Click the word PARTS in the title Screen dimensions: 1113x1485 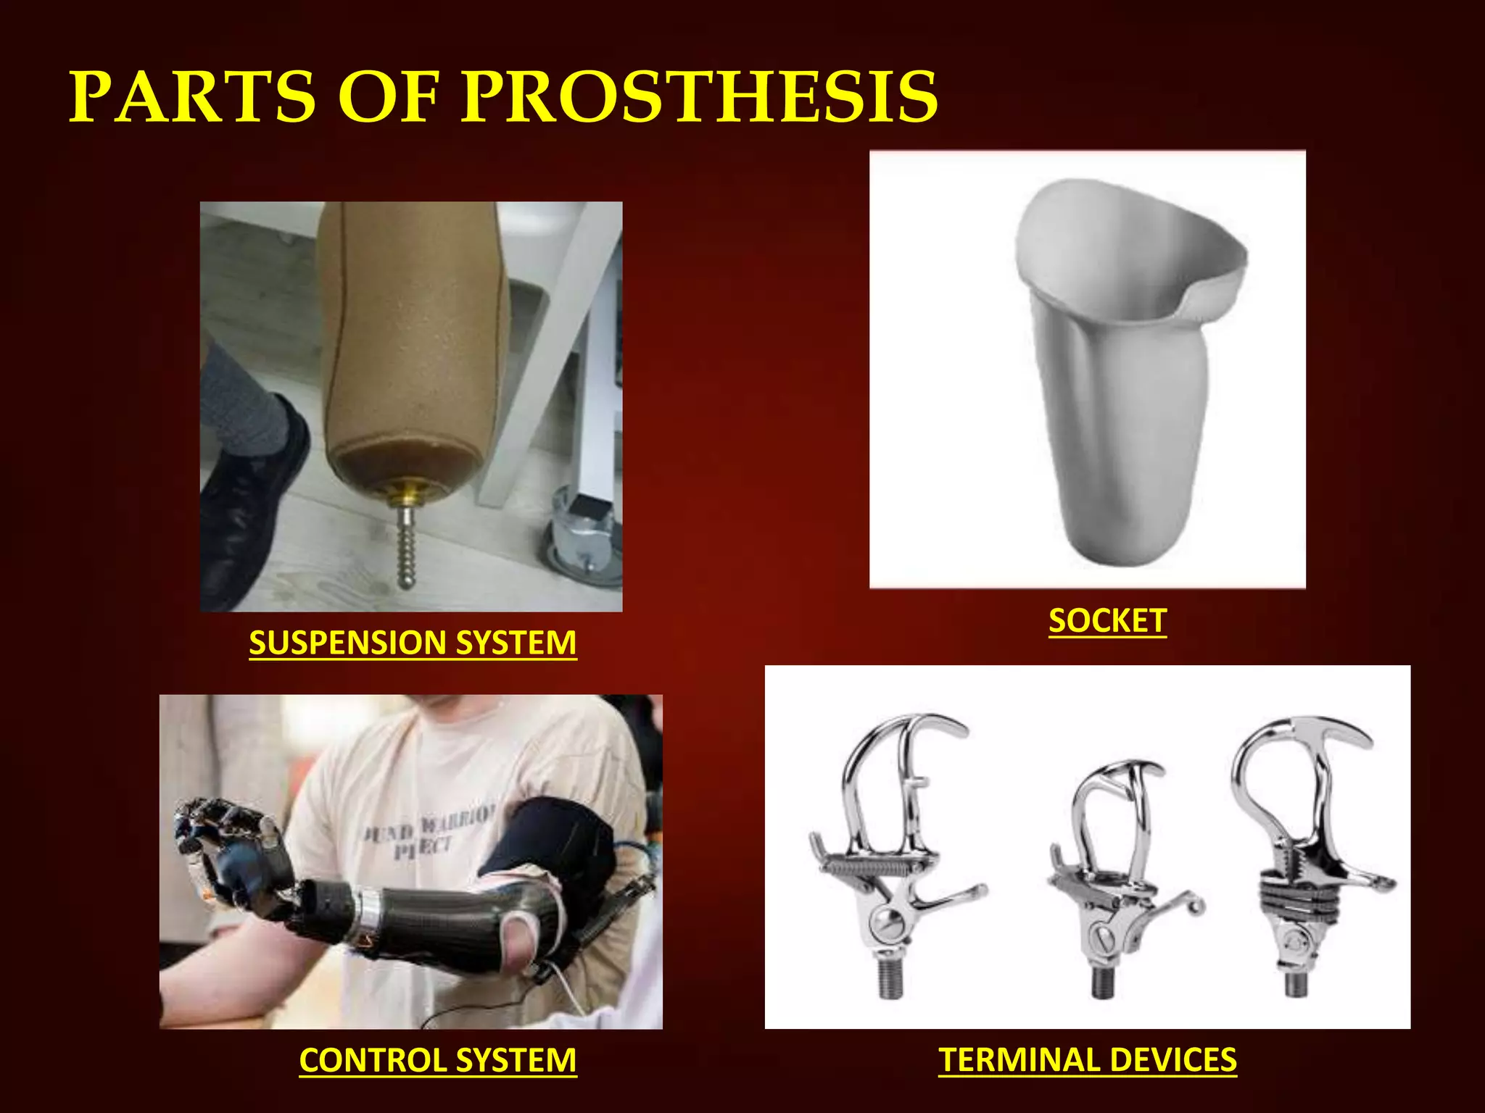pyautogui.click(x=193, y=97)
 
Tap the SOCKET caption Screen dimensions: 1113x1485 pyautogui.click(x=1107, y=621)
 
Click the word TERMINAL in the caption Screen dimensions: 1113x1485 pyautogui.click(x=1019, y=1060)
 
